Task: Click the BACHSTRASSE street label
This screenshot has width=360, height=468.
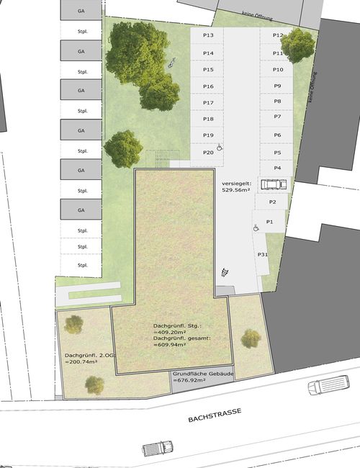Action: (x=215, y=415)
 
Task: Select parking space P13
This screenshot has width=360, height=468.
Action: (x=207, y=35)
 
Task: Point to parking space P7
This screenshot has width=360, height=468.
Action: (x=276, y=118)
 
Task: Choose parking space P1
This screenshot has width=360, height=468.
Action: (x=269, y=222)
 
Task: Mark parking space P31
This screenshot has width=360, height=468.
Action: (x=261, y=254)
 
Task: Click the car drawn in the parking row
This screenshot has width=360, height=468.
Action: (x=274, y=184)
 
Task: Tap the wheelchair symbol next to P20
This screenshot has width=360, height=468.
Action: (x=220, y=147)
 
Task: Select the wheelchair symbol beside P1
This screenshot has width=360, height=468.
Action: (x=256, y=228)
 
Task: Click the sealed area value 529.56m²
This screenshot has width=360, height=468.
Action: (x=236, y=189)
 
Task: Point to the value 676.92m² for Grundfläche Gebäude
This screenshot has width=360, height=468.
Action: (x=189, y=380)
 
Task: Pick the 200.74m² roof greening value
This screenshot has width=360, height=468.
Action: (x=81, y=361)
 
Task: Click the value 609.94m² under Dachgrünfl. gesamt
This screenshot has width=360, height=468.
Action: (x=170, y=344)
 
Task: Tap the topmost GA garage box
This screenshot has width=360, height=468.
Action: (x=81, y=11)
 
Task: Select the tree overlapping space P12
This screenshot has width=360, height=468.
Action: (x=297, y=45)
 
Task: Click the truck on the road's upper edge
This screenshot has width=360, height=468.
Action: (x=328, y=384)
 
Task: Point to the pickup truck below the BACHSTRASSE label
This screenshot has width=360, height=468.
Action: (x=158, y=448)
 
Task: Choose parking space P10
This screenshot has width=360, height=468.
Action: (x=276, y=69)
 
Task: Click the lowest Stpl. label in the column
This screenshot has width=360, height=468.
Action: (x=82, y=265)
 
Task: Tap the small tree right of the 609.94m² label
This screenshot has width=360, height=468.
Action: (x=251, y=339)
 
